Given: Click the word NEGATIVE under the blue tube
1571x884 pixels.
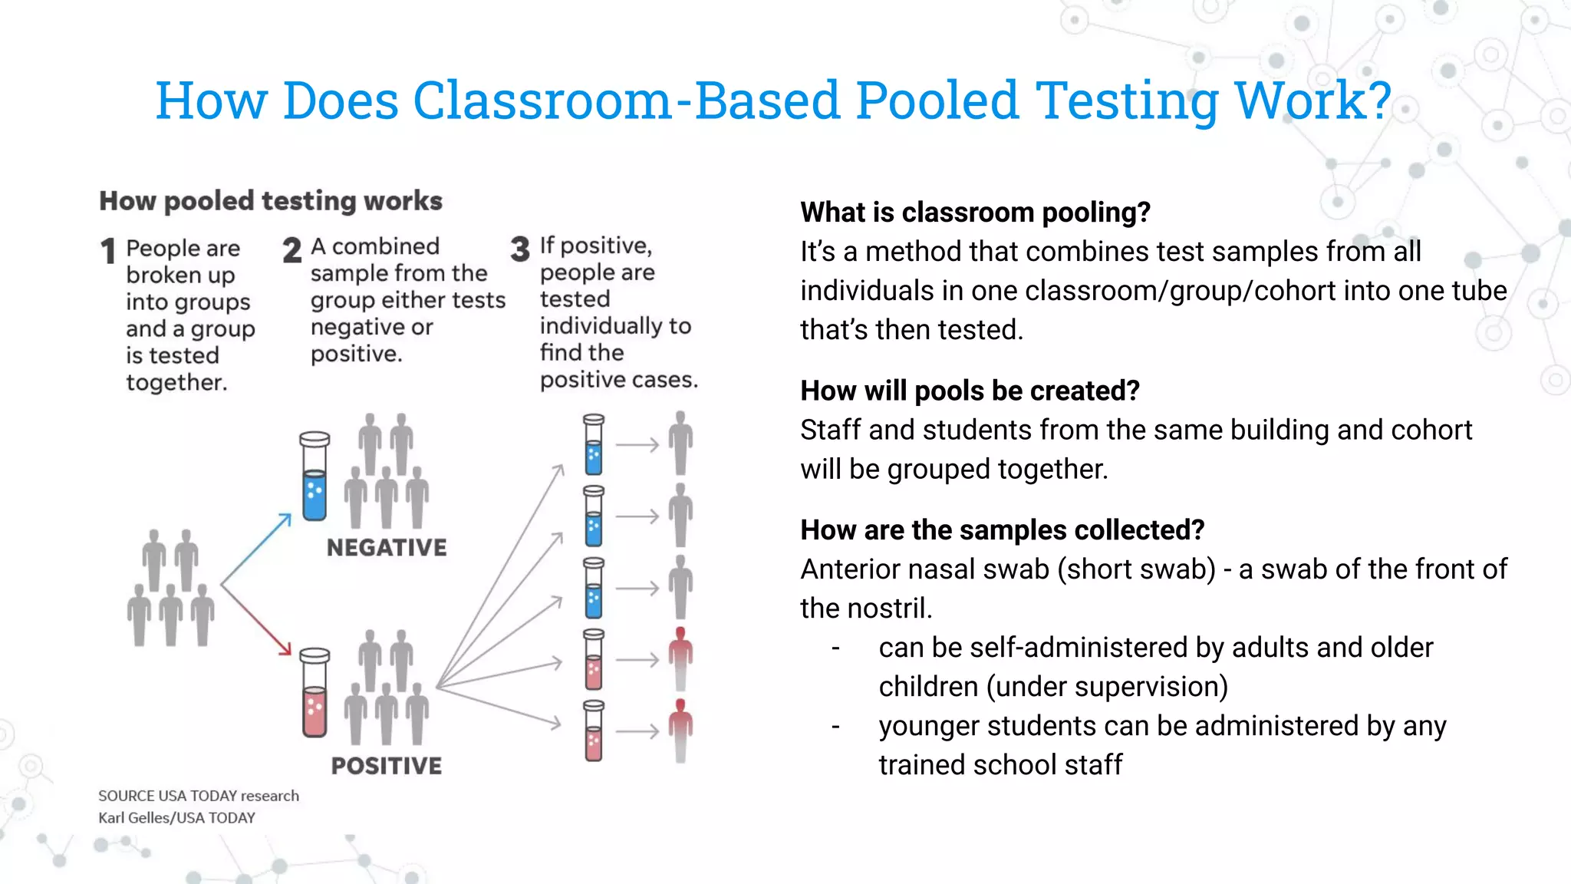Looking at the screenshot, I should tap(387, 547).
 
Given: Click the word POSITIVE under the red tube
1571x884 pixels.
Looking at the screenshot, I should tap(387, 765).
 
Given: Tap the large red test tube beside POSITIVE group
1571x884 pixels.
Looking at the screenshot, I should tap(315, 693).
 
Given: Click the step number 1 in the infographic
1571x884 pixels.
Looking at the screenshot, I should tap(108, 251).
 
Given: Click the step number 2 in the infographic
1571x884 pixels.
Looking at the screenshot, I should tap(291, 250).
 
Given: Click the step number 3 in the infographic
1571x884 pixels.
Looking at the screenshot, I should tap(520, 249).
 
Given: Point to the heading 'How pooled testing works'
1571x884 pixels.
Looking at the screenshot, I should tap(271, 201).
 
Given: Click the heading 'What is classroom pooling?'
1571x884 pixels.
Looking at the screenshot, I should tap(975, 213).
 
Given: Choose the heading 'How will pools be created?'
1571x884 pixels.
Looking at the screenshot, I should tap(970, 391).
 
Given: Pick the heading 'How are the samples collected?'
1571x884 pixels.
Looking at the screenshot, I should tap(1002, 530).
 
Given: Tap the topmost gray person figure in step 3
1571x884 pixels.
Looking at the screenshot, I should tap(680, 443).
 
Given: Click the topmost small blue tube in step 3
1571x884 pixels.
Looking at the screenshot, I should tap(594, 444).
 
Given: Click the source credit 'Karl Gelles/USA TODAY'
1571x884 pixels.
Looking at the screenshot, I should tap(176, 818).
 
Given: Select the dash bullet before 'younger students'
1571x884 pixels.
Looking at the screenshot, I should tap(836, 726).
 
